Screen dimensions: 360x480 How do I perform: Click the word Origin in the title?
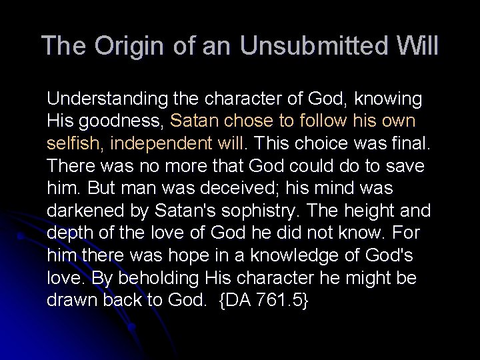tap(123, 47)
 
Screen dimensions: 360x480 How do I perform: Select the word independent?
tap(158, 143)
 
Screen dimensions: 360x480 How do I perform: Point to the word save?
tap(406, 165)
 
